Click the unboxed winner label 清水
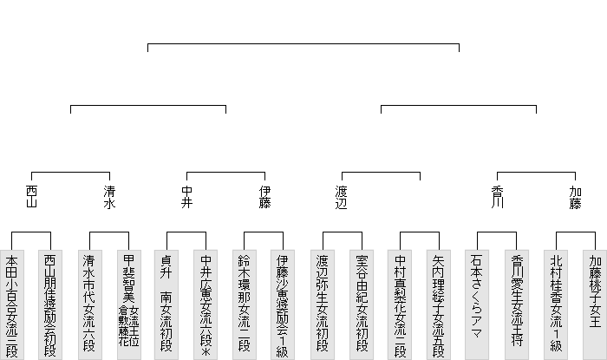tap(109, 197)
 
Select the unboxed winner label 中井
tap(186, 197)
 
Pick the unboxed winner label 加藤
tap(575, 197)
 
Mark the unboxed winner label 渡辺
tap(342, 197)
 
